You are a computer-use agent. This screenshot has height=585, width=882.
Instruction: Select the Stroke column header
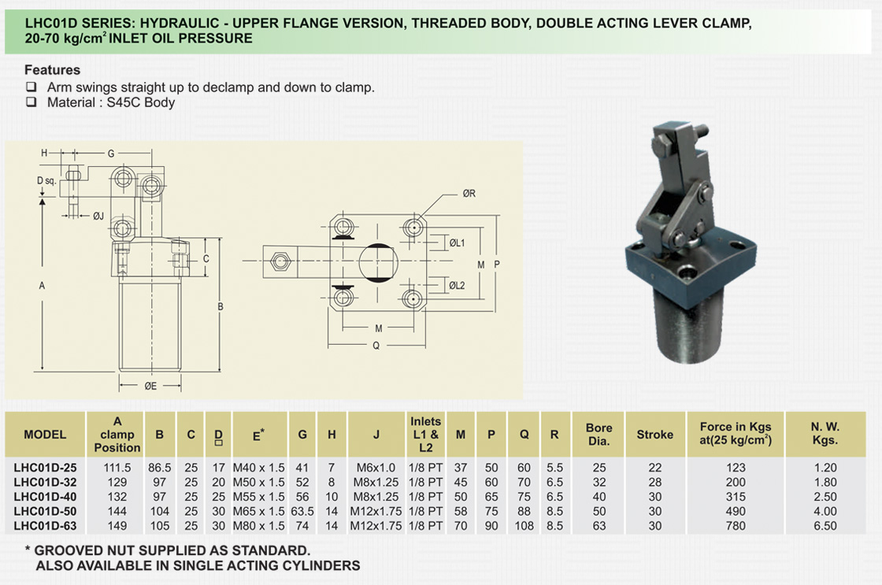click(654, 434)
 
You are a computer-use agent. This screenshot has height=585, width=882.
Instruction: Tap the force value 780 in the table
click(735, 526)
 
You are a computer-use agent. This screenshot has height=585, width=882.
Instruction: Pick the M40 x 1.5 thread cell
click(259, 468)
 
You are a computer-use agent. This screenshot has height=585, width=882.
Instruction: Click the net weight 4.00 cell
click(825, 512)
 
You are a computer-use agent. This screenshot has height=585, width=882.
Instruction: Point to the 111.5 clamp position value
click(117, 468)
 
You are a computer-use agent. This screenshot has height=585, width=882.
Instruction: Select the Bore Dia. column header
click(599, 434)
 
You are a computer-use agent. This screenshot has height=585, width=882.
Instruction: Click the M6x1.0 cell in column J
click(376, 468)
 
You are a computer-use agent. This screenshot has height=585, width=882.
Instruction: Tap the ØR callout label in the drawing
click(470, 194)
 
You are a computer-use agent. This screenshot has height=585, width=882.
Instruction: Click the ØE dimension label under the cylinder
click(152, 386)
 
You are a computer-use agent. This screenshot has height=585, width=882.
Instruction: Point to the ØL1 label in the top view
click(458, 243)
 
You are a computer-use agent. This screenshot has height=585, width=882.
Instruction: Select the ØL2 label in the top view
click(458, 286)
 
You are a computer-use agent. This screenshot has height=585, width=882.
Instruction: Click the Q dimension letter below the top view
click(376, 345)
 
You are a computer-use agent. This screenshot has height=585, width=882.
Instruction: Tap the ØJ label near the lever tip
click(98, 214)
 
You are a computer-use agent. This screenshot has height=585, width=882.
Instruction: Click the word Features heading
click(52, 70)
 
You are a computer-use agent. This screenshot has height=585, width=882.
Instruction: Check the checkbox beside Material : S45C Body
click(31, 102)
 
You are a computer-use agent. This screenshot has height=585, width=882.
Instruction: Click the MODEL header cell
click(45, 434)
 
